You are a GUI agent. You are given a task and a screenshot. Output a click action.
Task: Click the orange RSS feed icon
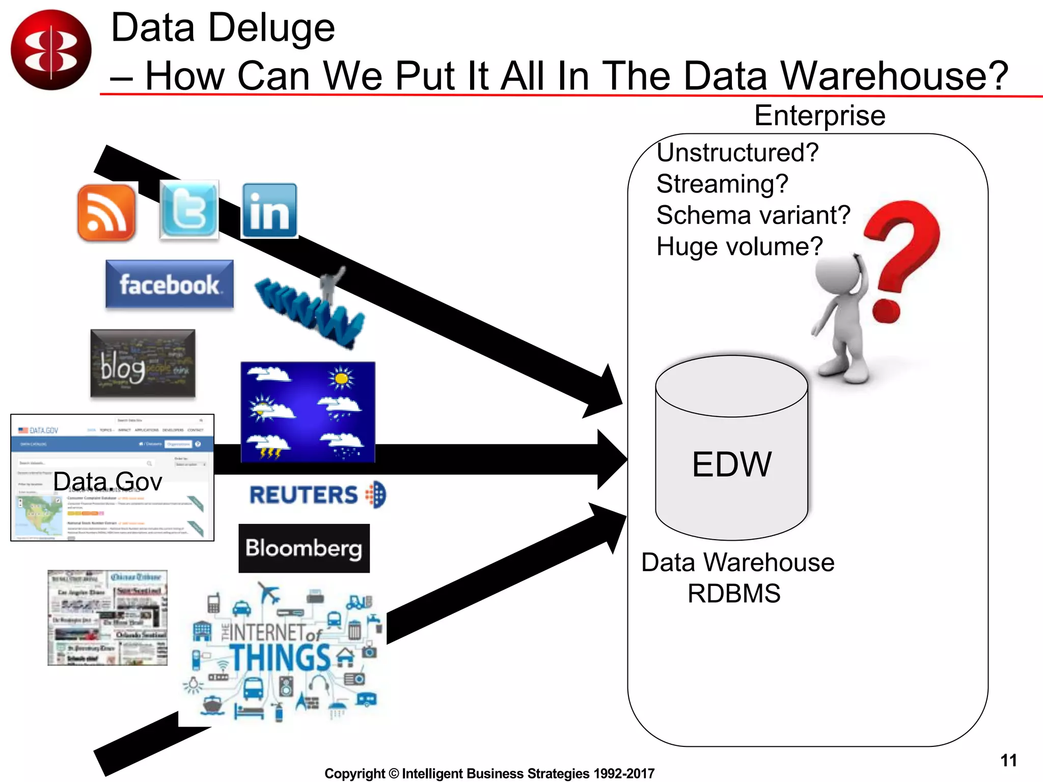[x=107, y=212]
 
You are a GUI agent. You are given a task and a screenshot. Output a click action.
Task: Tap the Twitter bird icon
[x=189, y=209]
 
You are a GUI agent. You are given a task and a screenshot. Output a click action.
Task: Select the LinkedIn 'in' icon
[x=269, y=211]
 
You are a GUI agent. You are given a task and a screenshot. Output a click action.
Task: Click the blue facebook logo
[x=170, y=284]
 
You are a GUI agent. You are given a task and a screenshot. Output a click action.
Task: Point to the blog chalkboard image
[x=143, y=363]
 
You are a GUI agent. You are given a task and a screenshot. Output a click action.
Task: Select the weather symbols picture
[x=308, y=412]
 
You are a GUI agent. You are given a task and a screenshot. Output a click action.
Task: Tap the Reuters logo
[x=317, y=495]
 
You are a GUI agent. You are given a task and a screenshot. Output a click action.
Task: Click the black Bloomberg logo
[x=304, y=548]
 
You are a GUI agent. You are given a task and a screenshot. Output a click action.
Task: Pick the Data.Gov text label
[x=107, y=481]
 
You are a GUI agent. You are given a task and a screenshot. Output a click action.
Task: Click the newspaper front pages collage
[x=107, y=618]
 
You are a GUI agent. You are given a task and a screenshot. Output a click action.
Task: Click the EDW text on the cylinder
[x=731, y=464]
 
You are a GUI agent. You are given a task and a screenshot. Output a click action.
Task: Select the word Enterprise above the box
[x=819, y=116]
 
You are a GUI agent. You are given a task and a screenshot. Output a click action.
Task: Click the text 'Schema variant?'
[x=753, y=215]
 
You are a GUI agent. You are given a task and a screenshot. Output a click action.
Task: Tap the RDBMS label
[x=734, y=594]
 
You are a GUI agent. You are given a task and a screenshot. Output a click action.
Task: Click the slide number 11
[x=1008, y=760]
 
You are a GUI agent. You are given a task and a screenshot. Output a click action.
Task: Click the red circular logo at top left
[x=51, y=50]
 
